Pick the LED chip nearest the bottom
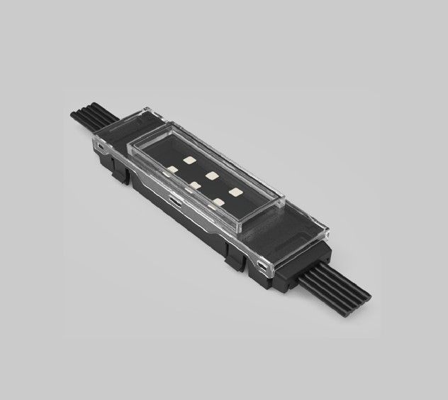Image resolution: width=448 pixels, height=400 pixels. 218,202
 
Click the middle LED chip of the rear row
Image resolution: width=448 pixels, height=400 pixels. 211,175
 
